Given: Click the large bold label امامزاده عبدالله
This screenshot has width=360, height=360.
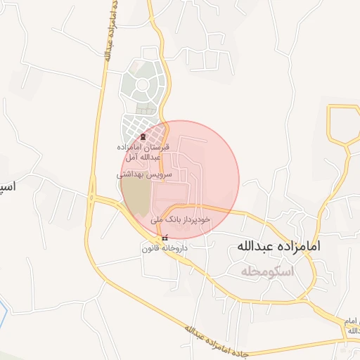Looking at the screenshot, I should click(x=280, y=246).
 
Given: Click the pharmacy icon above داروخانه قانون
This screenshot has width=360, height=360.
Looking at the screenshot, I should click(x=165, y=238).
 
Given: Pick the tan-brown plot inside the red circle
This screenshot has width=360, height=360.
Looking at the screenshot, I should click(x=139, y=198).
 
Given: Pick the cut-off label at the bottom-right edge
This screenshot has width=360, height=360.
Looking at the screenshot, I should click(x=352, y=325).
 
